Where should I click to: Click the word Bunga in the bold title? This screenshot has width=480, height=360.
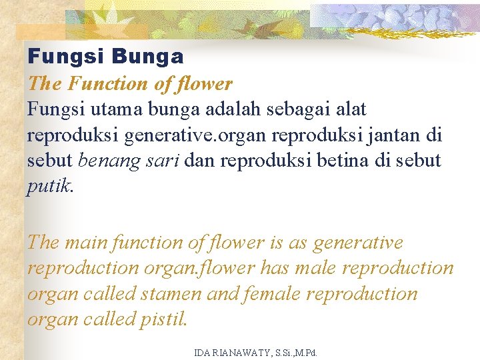(147, 57)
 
